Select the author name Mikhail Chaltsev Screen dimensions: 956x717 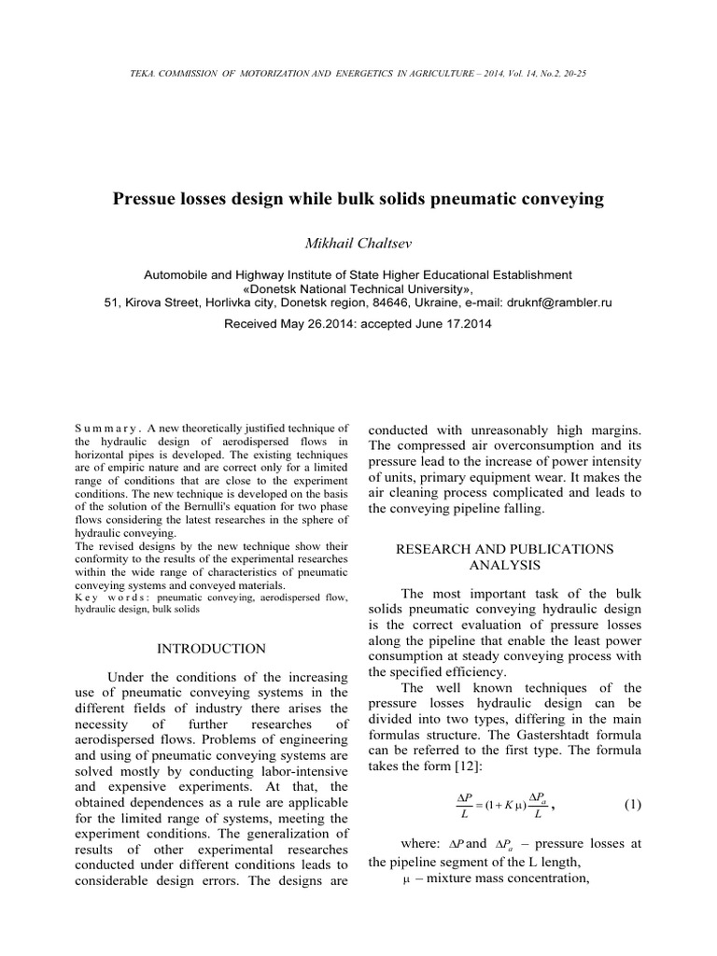point(358,243)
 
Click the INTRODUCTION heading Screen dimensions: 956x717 point(211,648)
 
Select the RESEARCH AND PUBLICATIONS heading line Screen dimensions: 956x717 point(505,549)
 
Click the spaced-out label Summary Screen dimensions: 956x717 point(105,429)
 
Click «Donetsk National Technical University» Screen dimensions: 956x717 point(358,289)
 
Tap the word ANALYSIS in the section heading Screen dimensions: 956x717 point(504,566)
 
